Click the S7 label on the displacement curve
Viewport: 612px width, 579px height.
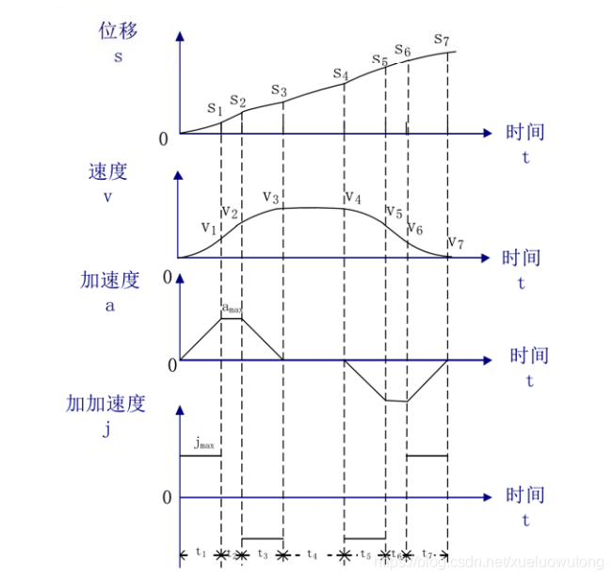click(441, 39)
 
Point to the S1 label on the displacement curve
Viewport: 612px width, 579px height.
click(214, 108)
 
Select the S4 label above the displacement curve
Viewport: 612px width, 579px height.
click(341, 74)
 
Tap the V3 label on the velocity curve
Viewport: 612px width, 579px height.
click(271, 198)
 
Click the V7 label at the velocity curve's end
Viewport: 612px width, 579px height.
click(455, 243)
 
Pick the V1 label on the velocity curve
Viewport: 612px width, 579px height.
click(208, 227)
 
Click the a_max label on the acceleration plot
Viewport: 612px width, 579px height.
click(232, 307)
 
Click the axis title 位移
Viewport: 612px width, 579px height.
click(119, 30)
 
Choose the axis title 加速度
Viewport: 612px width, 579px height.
click(110, 280)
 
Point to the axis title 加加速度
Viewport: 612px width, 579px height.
click(105, 404)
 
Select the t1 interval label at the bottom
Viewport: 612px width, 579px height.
click(200, 554)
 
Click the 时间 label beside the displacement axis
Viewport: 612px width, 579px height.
click(523, 133)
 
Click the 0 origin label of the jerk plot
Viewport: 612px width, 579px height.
click(168, 498)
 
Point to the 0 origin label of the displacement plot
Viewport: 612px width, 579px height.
click(163, 139)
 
